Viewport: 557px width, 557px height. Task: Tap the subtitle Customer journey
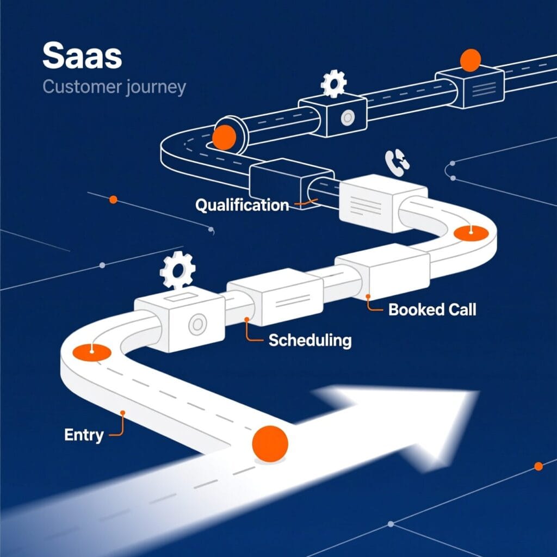pyautogui.click(x=114, y=87)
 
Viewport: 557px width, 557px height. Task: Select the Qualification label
pyautogui.click(x=242, y=205)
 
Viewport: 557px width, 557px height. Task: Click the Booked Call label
pyautogui.click(x=432, y=310)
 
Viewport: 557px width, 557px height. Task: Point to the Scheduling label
pyautogui.click(x=310, y=341)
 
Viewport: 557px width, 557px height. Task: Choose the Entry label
pyautogui.click(x=84, y=435)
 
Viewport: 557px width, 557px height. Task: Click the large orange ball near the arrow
pyautogui.click(x=270, y=444)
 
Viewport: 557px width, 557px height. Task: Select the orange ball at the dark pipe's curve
pyautogui.click(x=224, y=137)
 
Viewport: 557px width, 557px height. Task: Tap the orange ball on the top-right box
pyautogui.click(x=470, y=60)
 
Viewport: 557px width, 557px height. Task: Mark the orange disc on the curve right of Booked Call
pyautogui.click(x=471, y=232)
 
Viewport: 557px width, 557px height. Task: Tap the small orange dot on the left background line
pyautogui.click(x=113, y=200)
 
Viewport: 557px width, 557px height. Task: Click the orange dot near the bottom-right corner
pyautogui.click(x=539, y=466)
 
